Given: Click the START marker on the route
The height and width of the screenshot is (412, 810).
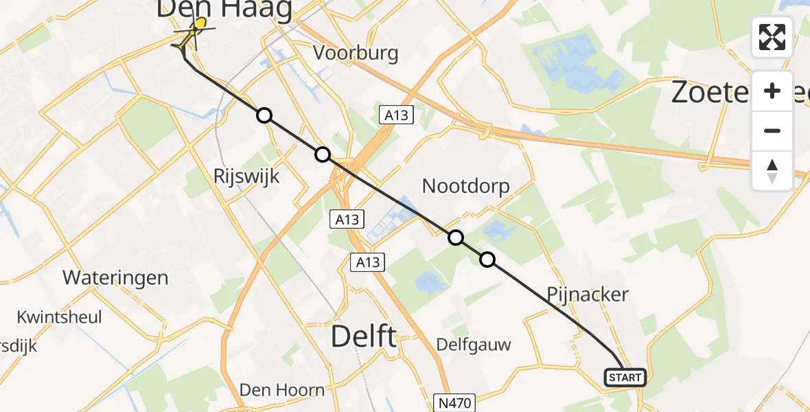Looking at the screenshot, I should coord(625,378).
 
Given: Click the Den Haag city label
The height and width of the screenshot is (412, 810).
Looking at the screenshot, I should coord(224,9).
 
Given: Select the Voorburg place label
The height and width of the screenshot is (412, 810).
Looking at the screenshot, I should coord(356,54).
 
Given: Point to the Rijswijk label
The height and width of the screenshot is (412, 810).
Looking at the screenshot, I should coord(247,176).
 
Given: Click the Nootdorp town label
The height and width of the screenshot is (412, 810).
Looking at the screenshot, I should coord(466,186).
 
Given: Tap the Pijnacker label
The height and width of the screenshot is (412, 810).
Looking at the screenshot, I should coord(588,295).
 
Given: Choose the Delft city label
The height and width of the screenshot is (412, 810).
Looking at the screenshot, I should coord(364,337).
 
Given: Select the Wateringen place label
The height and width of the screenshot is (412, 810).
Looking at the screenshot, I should coord(115,277).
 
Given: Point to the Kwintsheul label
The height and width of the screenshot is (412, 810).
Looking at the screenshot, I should coord(60,317).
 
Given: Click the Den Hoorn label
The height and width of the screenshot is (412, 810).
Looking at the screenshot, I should coord(282,390).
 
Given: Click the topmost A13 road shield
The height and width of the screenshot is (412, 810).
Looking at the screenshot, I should coord(397,115).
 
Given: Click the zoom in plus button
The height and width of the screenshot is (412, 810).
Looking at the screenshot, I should coord(772,91).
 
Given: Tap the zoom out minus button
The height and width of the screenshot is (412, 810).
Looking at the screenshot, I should coord(772,130).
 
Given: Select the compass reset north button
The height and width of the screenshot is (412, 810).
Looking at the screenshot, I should coord(772,170).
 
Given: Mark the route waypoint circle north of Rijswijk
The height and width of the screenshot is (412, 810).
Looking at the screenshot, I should coord(264,115).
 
